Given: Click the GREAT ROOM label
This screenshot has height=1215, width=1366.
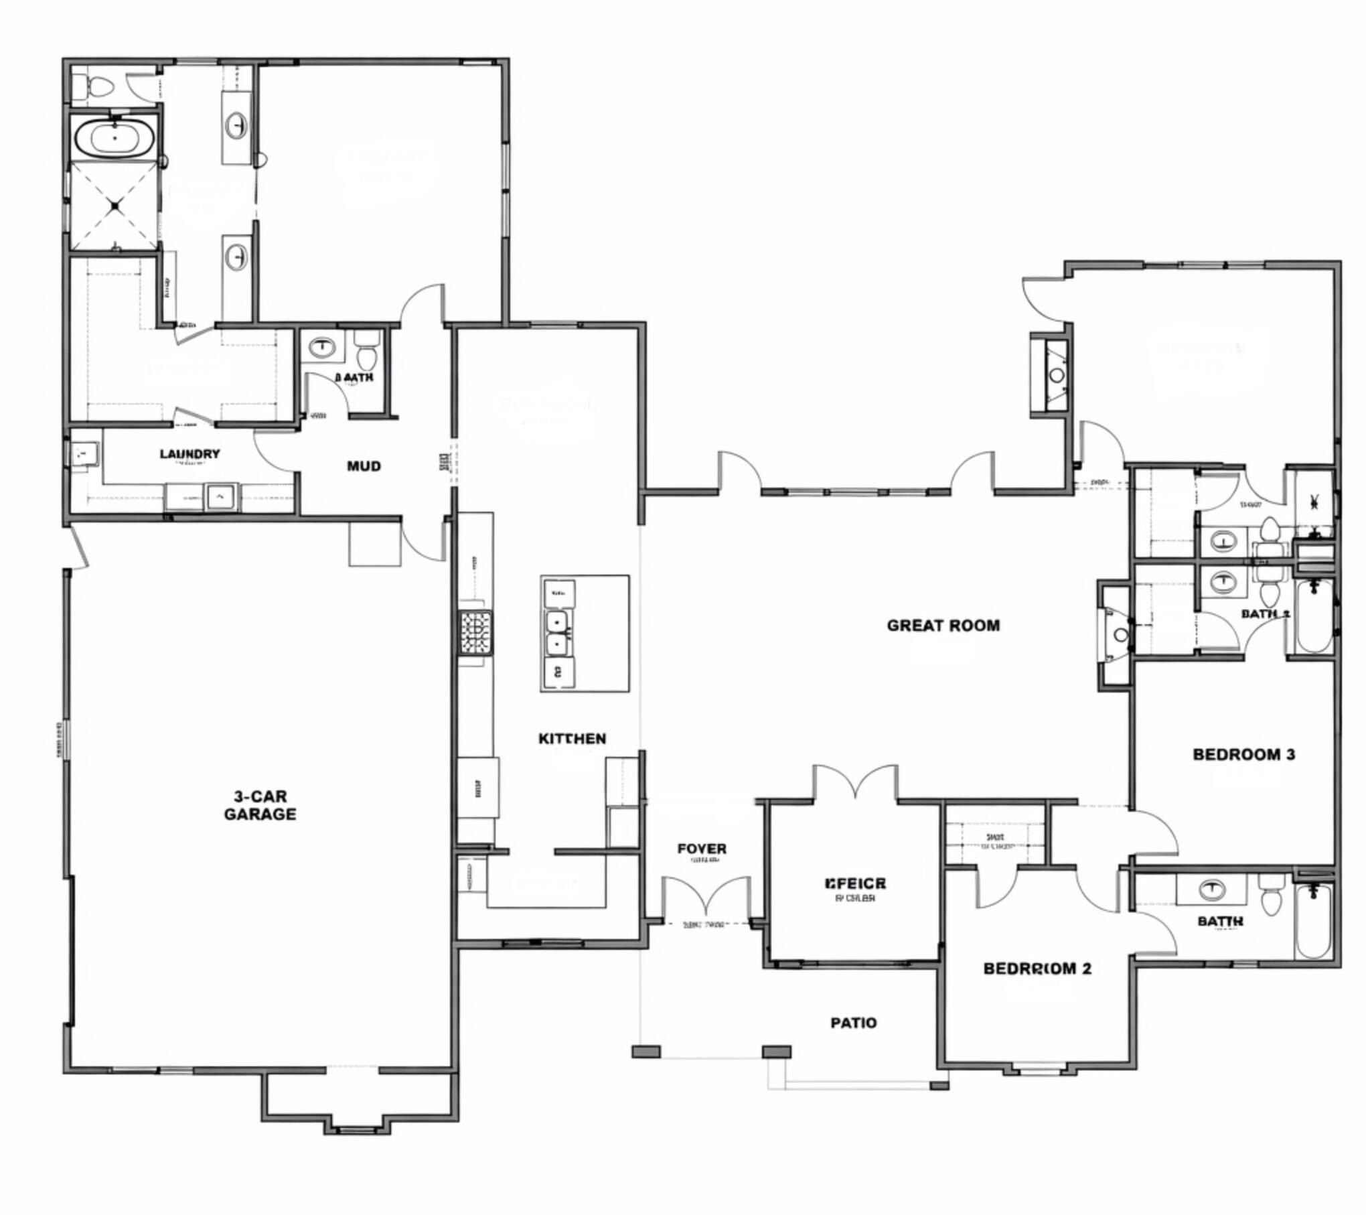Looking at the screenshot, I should (x=943, y=626).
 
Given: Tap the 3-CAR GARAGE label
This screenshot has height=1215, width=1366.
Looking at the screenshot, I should (x=260, y=805).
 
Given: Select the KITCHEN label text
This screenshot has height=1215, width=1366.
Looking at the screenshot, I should (x=572, y=738).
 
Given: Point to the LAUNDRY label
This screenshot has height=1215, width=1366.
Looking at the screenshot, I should (x=189, y=454).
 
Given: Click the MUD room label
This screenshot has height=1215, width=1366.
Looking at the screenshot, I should (x=364, y=466).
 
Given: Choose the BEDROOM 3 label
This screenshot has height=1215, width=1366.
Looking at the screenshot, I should (x=1243, y=754).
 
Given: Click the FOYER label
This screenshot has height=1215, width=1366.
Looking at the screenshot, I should (x=701, y=849).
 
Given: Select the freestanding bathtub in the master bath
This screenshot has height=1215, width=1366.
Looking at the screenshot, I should (x=115, y=137).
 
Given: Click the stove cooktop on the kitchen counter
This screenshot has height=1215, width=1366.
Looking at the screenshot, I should (x=475, y=632).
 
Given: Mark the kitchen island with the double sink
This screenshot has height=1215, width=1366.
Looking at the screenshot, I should (x=585, y=633).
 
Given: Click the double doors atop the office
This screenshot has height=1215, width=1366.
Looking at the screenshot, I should (x=855, y=782).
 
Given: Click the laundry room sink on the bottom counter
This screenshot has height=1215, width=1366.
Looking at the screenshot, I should (x=220, y=496).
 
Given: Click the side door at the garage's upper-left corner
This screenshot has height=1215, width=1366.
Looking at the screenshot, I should (x=79, y=546).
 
